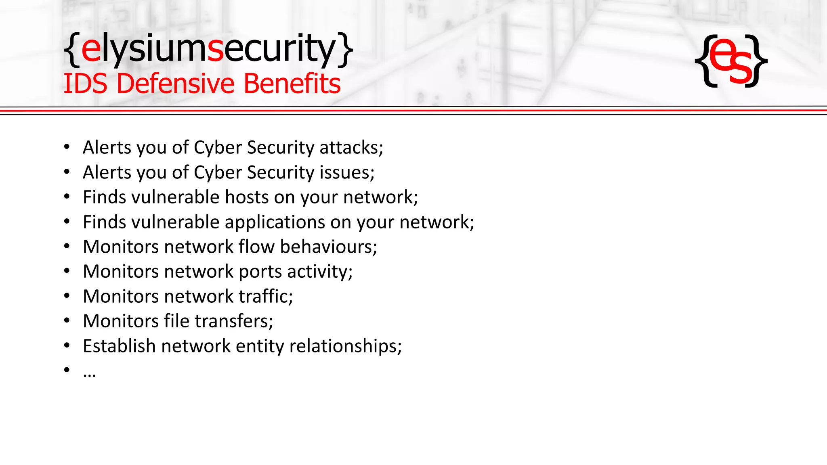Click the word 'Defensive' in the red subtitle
[176, 84]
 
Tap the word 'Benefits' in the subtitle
[292, 84]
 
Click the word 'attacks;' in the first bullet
[351, 148]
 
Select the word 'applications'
[275, 222]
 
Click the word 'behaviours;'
[329, 247]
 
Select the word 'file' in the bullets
[176, 321]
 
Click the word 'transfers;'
[234, 321]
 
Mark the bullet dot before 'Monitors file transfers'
[67, 321]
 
